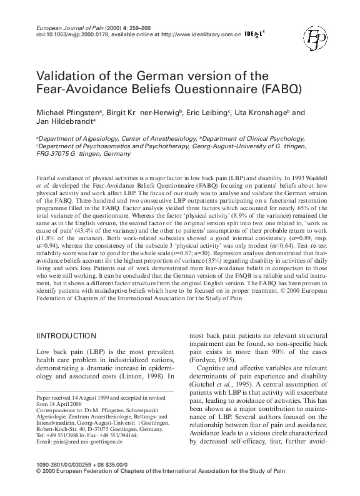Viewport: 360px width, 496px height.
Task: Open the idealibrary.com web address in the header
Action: point(194,36)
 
